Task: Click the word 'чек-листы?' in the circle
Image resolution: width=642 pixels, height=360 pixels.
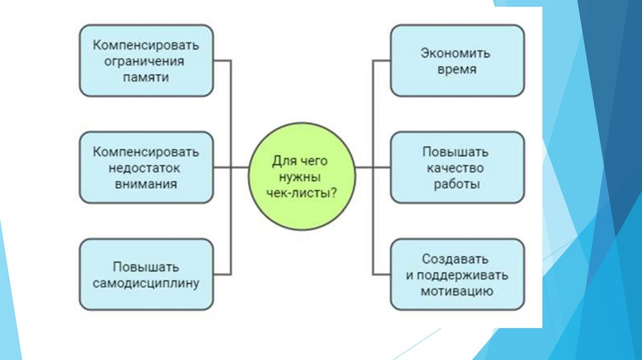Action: point(302,193)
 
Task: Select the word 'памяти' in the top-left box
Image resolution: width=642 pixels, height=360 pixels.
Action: point(146,77)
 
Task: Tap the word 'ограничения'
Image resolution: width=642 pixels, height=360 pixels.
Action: point(146,61)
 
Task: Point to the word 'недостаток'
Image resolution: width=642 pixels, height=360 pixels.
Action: point(146,168)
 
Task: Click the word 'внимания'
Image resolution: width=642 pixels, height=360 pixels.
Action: point(146,184)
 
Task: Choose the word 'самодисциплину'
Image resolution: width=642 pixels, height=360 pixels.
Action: point(146,283)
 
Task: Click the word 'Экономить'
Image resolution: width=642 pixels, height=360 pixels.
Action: point(456,53)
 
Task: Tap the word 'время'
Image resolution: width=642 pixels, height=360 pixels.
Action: point(456,69)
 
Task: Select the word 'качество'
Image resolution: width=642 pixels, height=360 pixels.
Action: point(456,168)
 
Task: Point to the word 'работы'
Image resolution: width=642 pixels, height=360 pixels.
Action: point(456,184)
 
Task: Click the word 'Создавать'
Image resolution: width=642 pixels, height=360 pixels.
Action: point(456,259)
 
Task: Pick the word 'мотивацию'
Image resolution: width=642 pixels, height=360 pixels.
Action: point(456,291)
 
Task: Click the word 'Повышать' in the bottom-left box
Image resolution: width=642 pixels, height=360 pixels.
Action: point(146,267)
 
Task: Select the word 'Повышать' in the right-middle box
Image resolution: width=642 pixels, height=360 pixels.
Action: point(456,152)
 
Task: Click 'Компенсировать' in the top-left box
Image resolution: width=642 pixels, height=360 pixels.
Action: point(146,45)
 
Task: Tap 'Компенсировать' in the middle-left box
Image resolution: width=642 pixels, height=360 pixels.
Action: point(146,152)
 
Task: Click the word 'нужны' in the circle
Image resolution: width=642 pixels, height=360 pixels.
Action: point(302,177)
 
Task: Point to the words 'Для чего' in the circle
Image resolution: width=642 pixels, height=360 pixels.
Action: point(302,161)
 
